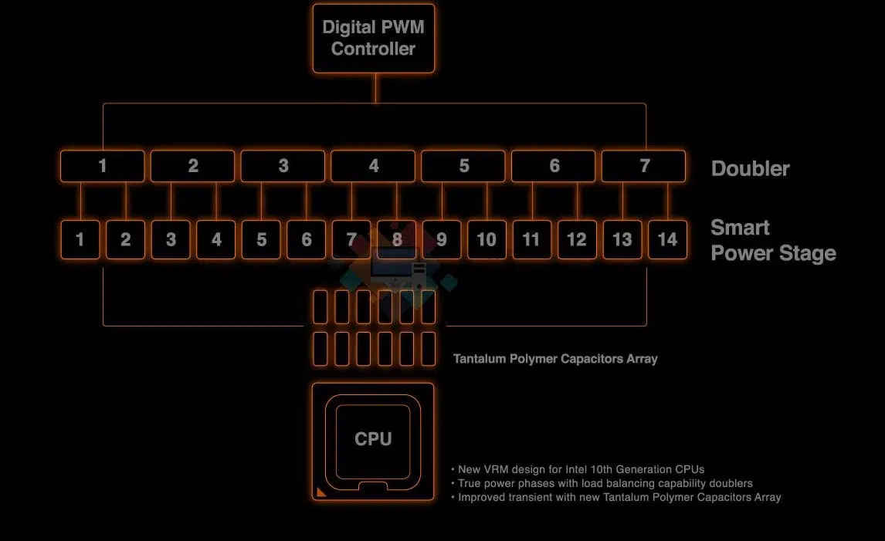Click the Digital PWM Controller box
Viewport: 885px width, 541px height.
pyautogui.click(x=374, y=39)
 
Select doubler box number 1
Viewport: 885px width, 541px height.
pyautogui.click(x=102, y=166)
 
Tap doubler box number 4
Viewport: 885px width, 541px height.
pyautogui.click(x=373, y=166)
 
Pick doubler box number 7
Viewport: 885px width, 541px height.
pyautogui.click(x=644, y=166)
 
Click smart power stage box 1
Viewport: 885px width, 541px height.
pyautogui.click(x=80, y=240)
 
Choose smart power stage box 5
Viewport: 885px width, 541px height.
pyautogui.click(x=261, y=240)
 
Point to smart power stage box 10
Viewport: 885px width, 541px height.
pyautogui.click(x=487, y=240)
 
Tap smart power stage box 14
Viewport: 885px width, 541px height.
pyautogui.click(x=667, y=240)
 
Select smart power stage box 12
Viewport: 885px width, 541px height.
pyautogui.click(x=577, y=240)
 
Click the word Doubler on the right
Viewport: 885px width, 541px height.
pyautogui.click(x=750, y=169)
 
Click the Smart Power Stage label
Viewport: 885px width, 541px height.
pyautogui.click(x=773, y=240)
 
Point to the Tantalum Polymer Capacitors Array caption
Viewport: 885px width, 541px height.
pyautogui.click(x=555, y=359)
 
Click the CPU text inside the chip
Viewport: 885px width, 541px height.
pyautogui.click(x=373, y=439)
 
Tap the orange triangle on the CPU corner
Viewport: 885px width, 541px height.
pyautogui.click(x=320, y=492)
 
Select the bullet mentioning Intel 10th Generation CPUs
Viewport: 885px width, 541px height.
pyautogui.click(x=578, y=469)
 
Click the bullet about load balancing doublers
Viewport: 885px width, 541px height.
pyautogui.click(x=602, y=483)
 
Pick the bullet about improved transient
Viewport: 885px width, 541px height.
pyautogui.click(x=615, y=498)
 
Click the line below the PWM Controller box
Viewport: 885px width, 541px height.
pyautogui.click(x=376, y=88)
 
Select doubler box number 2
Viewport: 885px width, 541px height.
pyautogui.click(x=192, y=166)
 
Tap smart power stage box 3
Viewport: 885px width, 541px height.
pyautogui.click(x=171, y=240)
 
